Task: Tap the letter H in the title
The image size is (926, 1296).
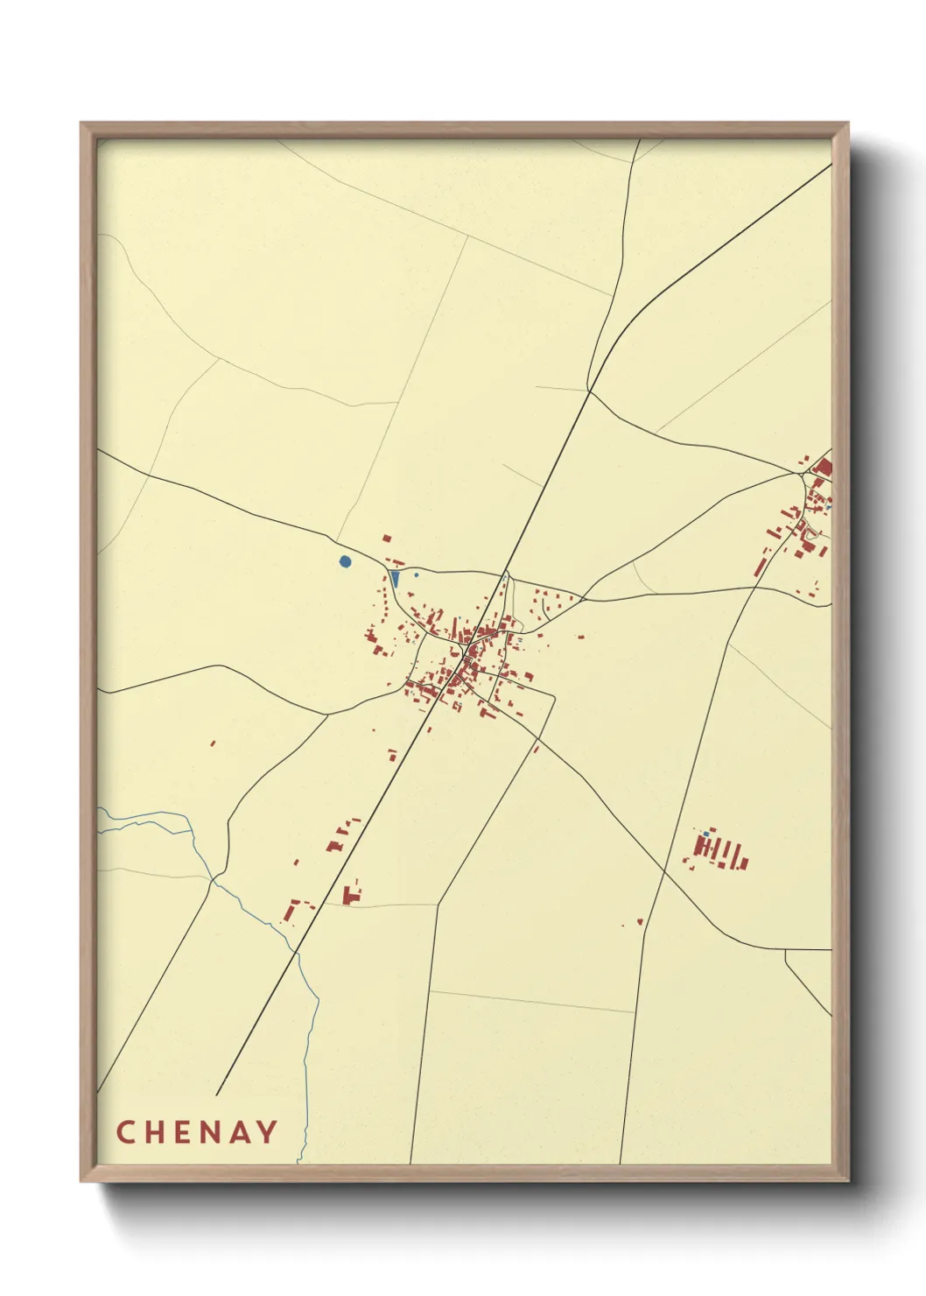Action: coord(155,1132)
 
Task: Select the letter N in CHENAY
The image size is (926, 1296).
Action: coord(213,1132)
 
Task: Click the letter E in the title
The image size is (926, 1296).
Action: coord(184,1132)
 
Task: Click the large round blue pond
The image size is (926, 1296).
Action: coord(345,561)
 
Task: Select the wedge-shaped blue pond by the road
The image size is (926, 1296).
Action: coord(395,579)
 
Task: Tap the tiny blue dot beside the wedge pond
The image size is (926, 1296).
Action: coord(416,574)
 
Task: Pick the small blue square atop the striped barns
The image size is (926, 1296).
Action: coord(705,834)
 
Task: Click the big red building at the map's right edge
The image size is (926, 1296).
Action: coord(823,468)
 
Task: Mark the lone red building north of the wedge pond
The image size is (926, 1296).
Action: coord(386,538)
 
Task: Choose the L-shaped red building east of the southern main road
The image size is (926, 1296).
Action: coord(352,894)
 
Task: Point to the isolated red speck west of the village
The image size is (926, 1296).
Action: coord(213,743)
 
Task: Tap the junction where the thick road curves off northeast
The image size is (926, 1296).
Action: coord(588,391)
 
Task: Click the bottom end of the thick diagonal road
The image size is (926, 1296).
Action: coord(216,1095)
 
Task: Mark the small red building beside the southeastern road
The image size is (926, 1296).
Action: coord(640,921)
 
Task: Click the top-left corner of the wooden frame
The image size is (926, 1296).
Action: coord(81,123)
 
